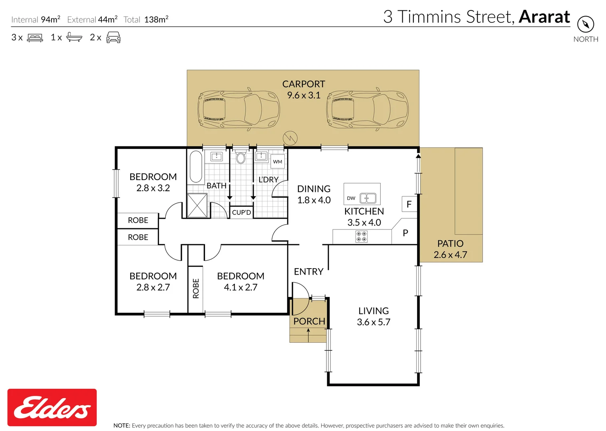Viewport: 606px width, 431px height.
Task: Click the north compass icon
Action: pyautogui.click(x=585, y=24)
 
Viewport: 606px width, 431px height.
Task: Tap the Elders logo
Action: pyautogui.click(x=52, y=407)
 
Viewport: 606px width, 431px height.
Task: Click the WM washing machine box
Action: pyautogui.click(x=278, y=162)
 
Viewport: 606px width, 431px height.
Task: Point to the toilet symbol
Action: pyautogui.click(x=240, y=157)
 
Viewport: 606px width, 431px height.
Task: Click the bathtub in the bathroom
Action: pyautogui.click(x=196, y=166)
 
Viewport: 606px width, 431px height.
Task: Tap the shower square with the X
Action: pyautogui.click(x=197, y=205)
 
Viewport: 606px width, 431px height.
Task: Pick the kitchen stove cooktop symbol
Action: pyautogui.click(x=361, y=237)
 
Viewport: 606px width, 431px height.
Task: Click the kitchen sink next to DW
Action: pyautogui.click(x=368, y=198)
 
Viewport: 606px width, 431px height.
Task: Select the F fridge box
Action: pyautogui.click(x=409, y=204)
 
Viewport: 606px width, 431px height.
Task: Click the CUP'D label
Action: pyautogui.click(x=241, y=212)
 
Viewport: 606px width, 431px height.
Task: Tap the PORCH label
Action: pyautogui.click(x=309, y=321)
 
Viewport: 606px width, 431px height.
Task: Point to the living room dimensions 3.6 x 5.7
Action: pyautogui.click(x=374, y=322)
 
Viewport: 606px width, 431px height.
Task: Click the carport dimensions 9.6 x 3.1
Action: pyautogui.click(x=304, y=95)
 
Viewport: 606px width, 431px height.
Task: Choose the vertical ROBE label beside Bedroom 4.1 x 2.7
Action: pyautogui.click(x=196, y=289)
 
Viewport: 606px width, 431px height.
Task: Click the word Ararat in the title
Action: pyautogui.click(x=544, y=17)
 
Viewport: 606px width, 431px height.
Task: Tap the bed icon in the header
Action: pyautogui.click(x=35, y=38)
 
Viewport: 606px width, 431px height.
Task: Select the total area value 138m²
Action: pyautogui.click(x=156, y=20)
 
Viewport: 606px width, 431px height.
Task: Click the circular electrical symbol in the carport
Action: pyautogui.click(x=290, y=138)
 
